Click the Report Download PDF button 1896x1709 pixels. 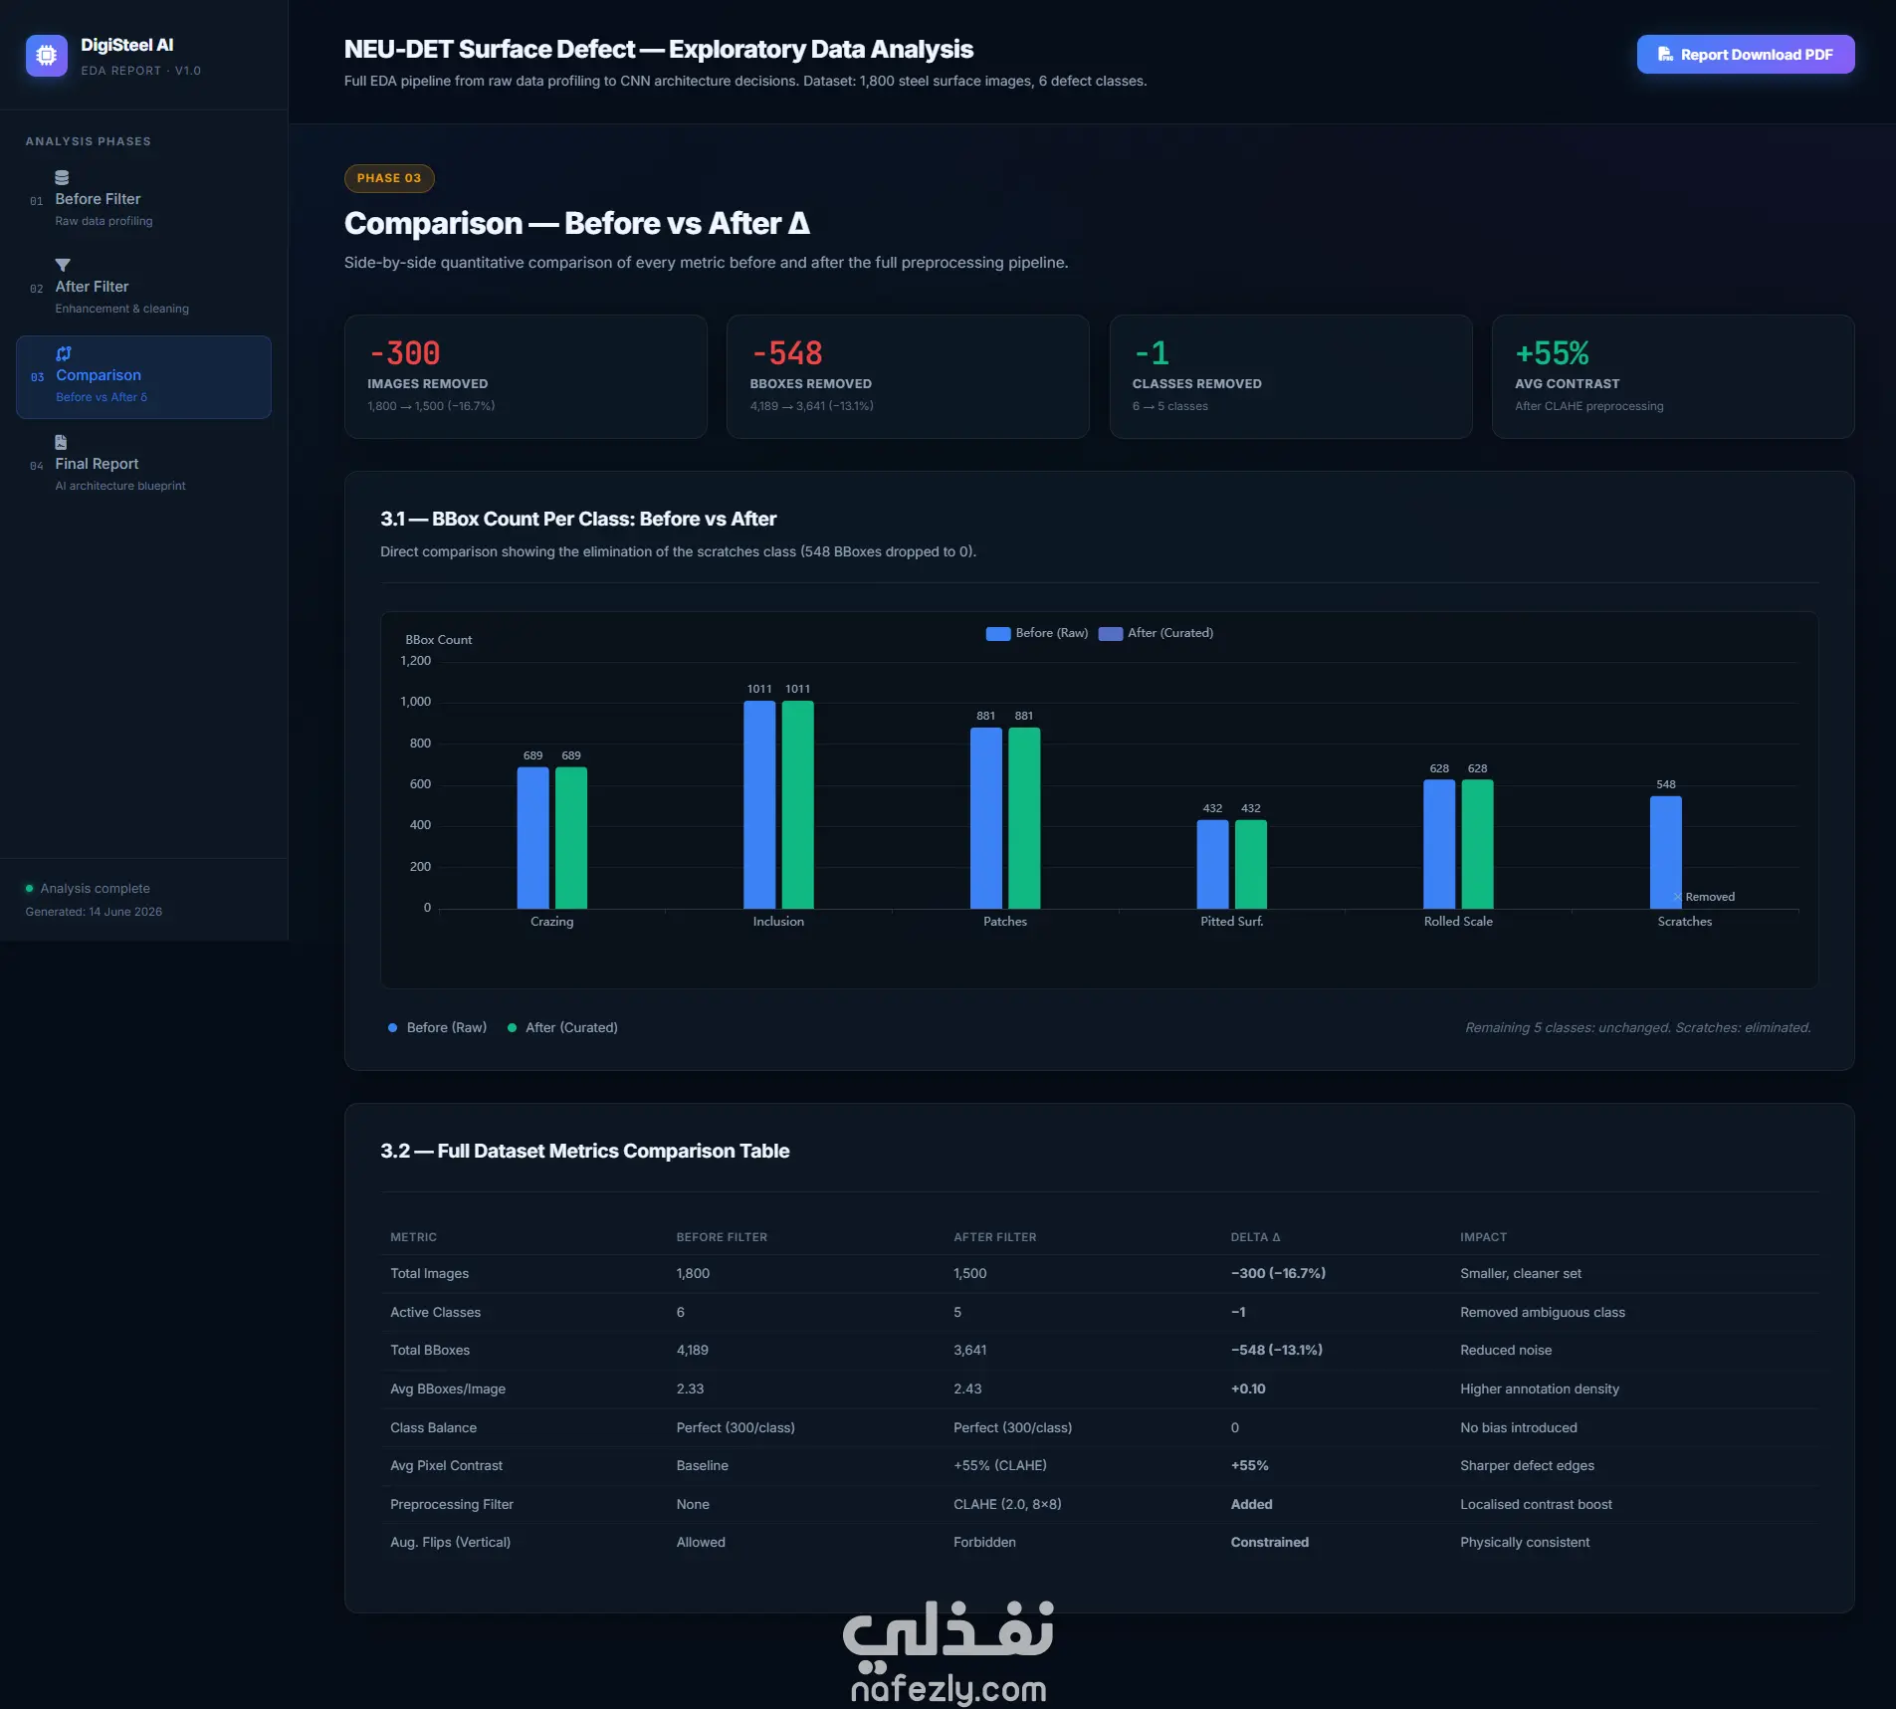1745,55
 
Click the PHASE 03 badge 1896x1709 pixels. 389,178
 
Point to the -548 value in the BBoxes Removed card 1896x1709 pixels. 786,353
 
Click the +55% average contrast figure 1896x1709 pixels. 1552,353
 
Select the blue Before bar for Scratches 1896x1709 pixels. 1665,852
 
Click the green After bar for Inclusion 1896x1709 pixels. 797,804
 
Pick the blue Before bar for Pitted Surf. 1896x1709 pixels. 1212,864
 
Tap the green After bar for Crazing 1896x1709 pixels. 570,838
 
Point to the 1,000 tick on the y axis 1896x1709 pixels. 415,702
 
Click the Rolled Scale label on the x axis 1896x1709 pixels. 1458,922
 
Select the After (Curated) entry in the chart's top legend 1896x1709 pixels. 1157,633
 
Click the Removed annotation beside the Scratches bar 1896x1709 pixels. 1710,897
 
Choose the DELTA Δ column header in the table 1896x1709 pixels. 1255,1237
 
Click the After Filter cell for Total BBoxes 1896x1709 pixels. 969,1351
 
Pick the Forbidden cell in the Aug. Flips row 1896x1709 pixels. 984,1543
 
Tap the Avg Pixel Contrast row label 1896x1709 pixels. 446,1466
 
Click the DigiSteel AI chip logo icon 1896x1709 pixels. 47,56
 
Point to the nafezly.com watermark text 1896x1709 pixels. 948,1689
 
